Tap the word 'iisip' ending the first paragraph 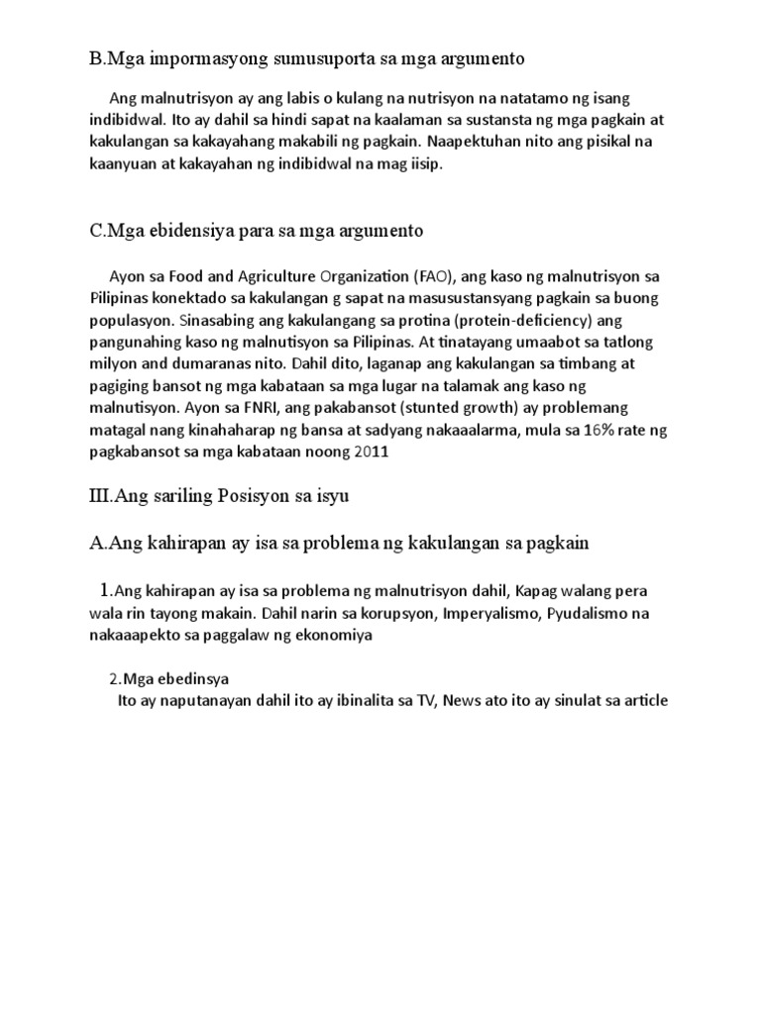pyautogui.click(x=421, y=165)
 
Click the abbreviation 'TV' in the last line pyautogui.click(x=425, y=701)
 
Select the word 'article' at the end pyautogui.click(x=643, y=701)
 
